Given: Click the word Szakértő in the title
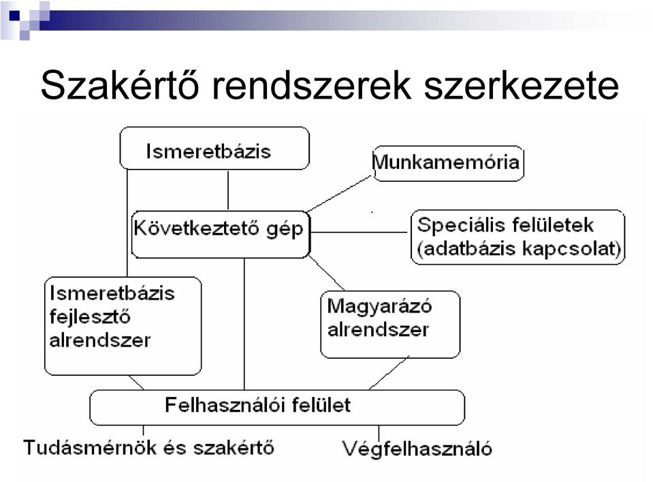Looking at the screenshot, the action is click(x=120, y=85).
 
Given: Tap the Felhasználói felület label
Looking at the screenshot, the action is click(x=258, y=405).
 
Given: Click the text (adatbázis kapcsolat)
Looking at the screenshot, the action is click(x=519, y=249).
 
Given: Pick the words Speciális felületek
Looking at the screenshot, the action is click(x=505, y=225).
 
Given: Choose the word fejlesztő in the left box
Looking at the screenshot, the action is click(x=90, y=317).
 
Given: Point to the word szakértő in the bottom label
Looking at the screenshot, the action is click(x=234, y=448).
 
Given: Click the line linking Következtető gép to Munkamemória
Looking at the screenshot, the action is click(x=339, y=193).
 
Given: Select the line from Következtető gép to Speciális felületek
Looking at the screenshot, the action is click(x=359, y=232).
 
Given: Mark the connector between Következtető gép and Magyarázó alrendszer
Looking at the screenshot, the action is click(x=327, y=273).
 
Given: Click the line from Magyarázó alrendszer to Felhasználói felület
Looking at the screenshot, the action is click(x=389, y=373).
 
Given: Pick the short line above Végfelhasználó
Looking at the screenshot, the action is click(x=379, y=432).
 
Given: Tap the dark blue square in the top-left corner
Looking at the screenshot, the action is click(x=14, y=16).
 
